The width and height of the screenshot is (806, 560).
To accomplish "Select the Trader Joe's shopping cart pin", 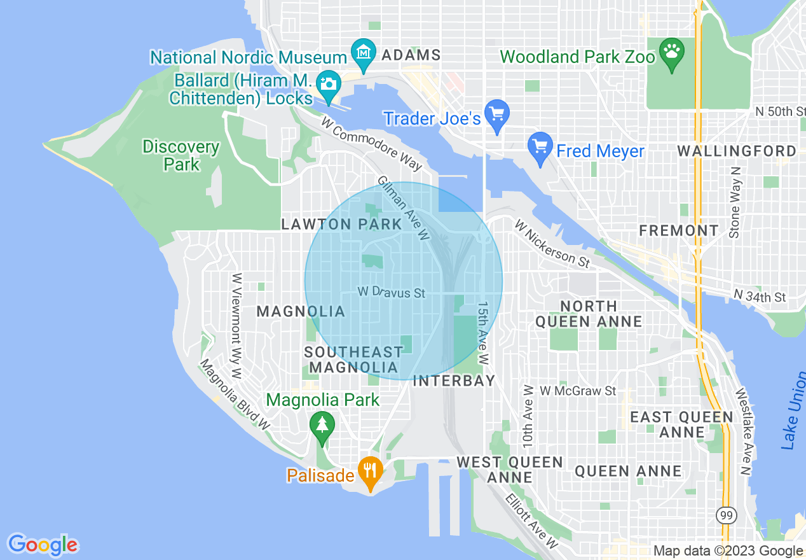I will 496,115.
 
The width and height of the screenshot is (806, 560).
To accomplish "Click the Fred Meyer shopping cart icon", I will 540,148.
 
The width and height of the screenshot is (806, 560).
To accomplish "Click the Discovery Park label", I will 181,156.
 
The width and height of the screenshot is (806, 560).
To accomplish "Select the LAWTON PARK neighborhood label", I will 341,224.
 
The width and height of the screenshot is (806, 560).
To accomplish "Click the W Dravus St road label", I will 391,293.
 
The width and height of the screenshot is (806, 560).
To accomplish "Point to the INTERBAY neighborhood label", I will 454,381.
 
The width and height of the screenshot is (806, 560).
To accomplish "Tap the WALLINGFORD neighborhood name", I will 736,151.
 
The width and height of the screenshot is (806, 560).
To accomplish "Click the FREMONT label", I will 679,230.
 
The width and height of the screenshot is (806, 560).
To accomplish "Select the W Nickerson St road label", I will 552,243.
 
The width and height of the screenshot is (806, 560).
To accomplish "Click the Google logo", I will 43,545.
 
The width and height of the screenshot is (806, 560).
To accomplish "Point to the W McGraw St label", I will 578,391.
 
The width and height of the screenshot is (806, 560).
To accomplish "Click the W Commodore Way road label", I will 371,143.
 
